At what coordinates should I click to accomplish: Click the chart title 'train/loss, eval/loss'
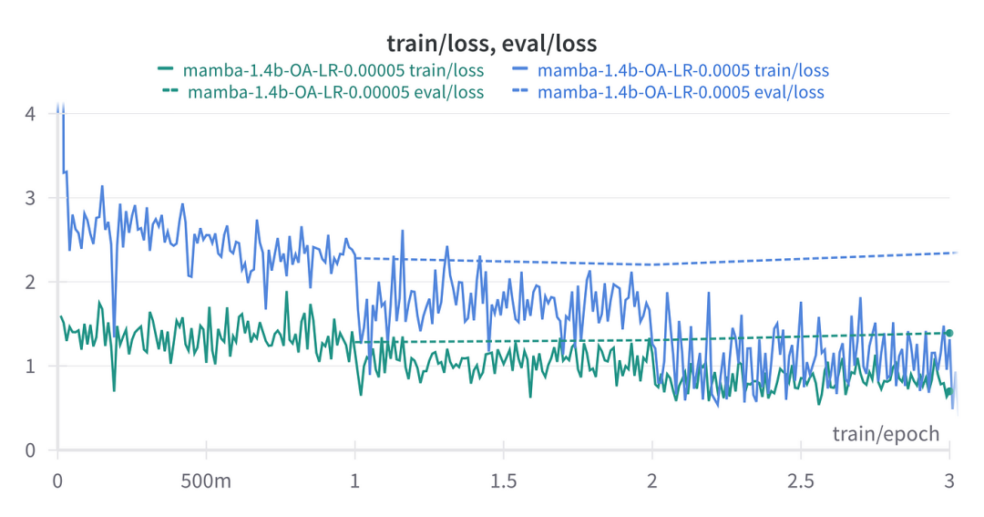pos(492,43)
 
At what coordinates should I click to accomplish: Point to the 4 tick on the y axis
pos(30,114)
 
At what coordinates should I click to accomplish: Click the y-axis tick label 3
pos(30,198)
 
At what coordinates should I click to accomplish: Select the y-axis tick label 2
pos(30,282)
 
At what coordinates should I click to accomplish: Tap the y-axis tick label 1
pos(30,366)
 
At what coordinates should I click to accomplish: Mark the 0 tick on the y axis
pos(30,450)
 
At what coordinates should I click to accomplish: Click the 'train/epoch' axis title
pos(886,433)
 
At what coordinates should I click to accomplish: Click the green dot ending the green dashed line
pos(949,333)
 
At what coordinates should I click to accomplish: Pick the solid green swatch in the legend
pos(166,69)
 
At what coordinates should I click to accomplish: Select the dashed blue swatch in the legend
pos(519,92)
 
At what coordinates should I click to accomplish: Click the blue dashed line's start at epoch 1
pos(356,258)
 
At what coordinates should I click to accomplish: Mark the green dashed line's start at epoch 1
pos(356,342)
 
